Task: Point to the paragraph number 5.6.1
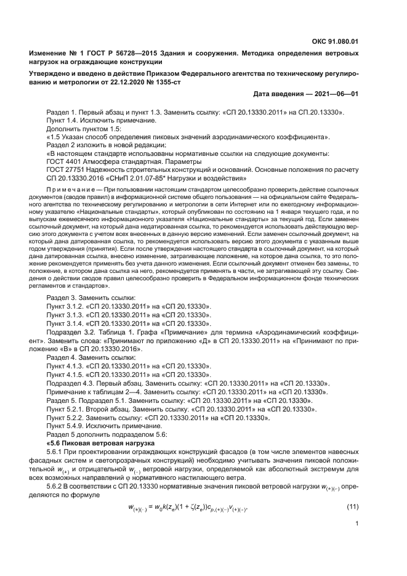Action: coord(57,452)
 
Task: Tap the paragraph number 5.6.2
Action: coord(57,486)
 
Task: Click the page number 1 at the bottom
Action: coord(357,525)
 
